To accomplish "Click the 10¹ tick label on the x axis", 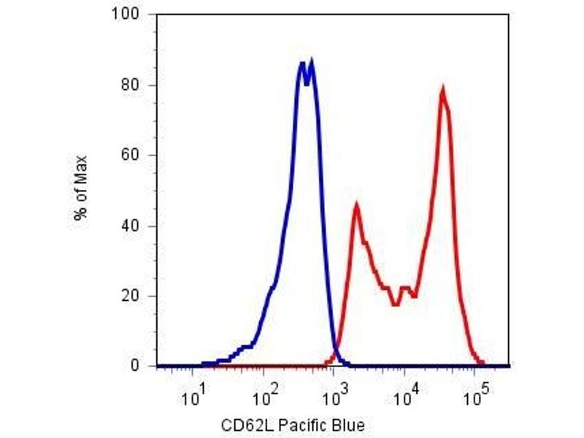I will (193, 397).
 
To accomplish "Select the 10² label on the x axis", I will (264, 397).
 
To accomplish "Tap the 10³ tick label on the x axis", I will (334, 397).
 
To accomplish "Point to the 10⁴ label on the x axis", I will (405, 397).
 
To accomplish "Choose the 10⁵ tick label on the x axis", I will (476, 397).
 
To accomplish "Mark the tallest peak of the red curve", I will (442, 90).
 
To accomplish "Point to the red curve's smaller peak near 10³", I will (356, 206).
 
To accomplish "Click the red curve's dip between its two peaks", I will (395, 304).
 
